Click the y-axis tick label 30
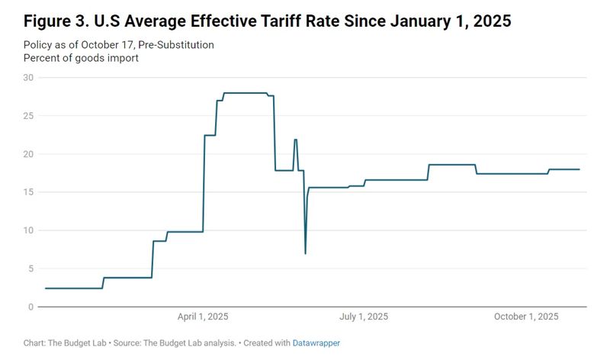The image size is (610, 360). coord(28,77)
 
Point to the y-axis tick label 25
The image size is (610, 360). coord(28,115)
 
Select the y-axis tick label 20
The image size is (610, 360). coord(28,153)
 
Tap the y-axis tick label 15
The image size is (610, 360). coord(28,191)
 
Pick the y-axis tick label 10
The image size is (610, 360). coord(28,230)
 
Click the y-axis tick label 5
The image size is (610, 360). coord(31,268)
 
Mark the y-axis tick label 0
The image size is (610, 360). coord(31,307)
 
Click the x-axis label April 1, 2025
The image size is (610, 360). coord(203,317)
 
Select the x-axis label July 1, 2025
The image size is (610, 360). coord(363,317)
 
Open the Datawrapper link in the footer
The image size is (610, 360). coord(316,343)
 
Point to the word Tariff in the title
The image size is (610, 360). coord(298,21)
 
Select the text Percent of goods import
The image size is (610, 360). coord(81,58)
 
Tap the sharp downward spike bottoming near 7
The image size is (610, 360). coord(305,252)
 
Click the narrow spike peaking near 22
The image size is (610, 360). coord(295,140)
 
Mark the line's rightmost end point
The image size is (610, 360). coord(579,169)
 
